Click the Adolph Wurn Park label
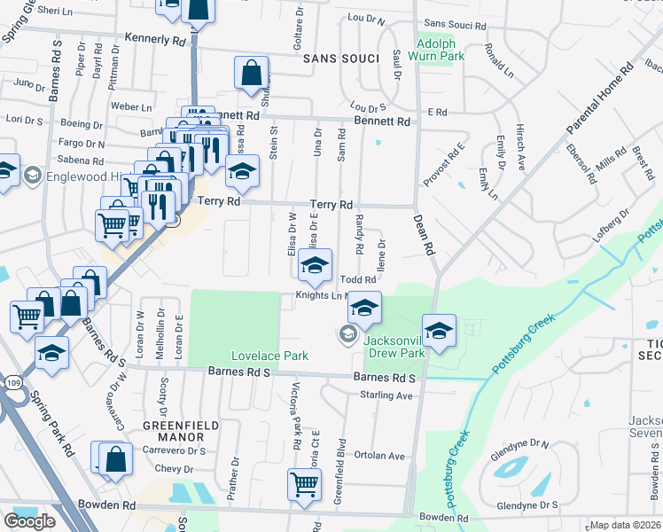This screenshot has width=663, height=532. [x=441, y=49]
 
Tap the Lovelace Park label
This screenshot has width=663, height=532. [x=269, y=356]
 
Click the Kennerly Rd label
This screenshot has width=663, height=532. [x=156, y=40]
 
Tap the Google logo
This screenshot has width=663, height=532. [x=29, y=521]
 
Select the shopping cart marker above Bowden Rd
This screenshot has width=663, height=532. [x=304, y=484]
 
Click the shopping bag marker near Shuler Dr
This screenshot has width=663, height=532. [x=252, y=72]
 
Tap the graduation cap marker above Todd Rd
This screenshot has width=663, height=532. [x=315, y=263]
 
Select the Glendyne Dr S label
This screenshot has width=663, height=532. [x=527, y=505]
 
